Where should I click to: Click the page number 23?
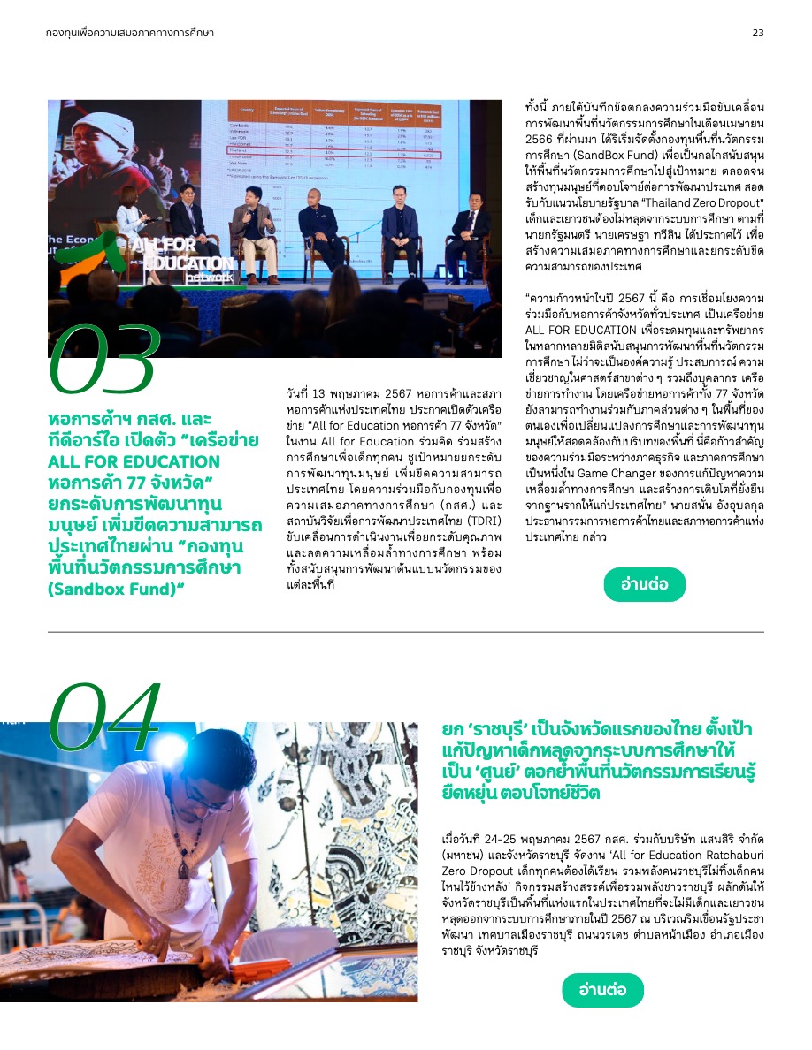click(757, 33)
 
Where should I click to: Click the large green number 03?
click(104, 360)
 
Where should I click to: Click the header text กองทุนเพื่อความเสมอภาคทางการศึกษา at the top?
click(130, 33)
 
